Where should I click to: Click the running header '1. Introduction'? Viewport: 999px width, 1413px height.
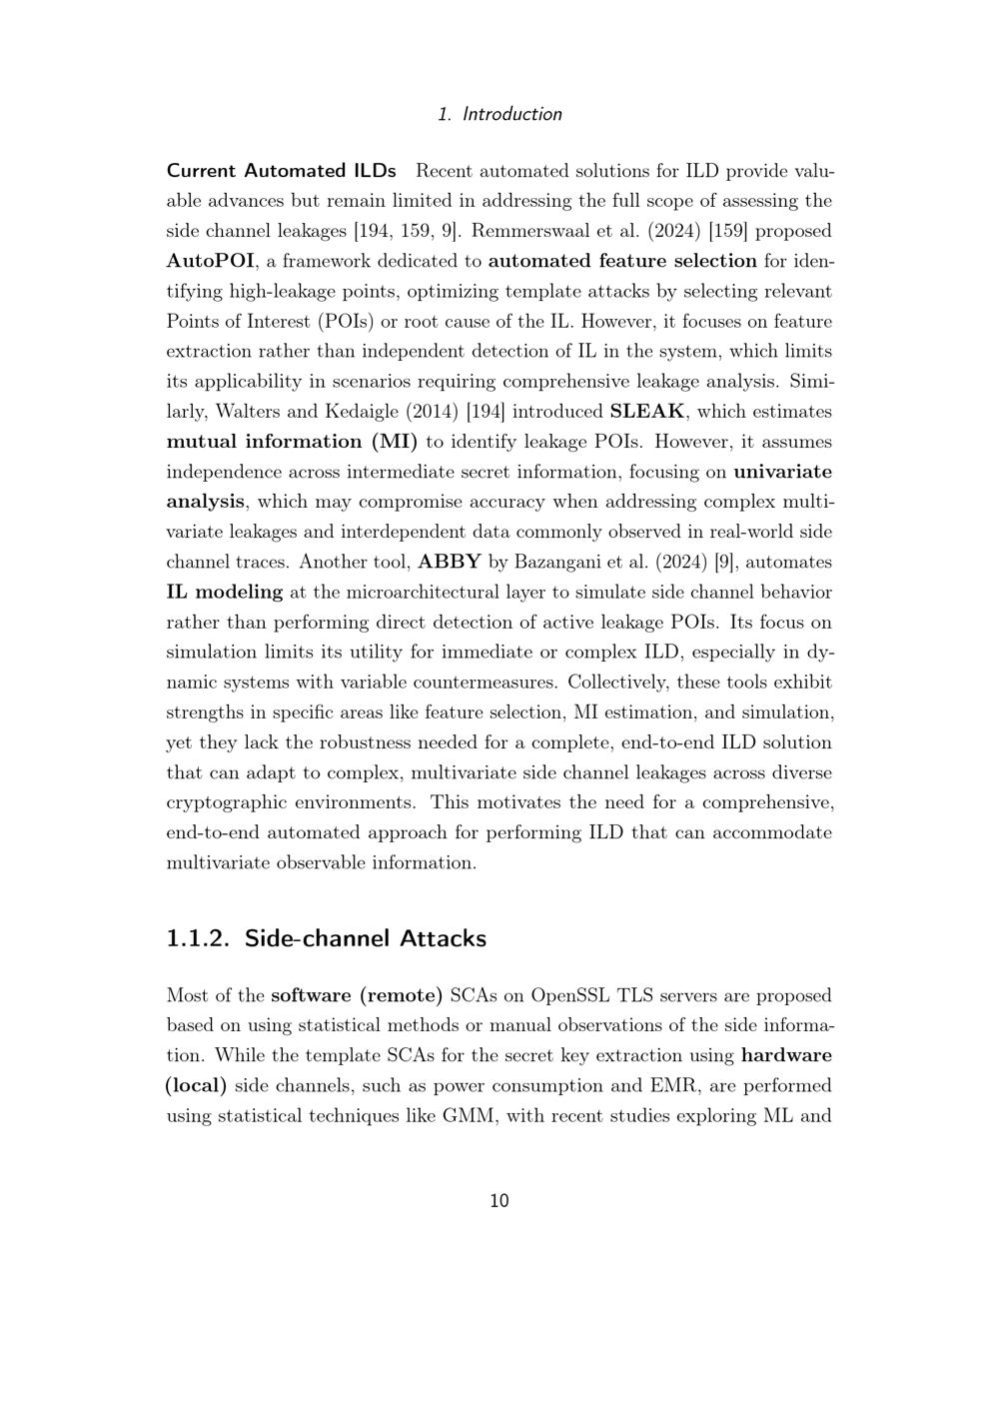(x=499, y=114)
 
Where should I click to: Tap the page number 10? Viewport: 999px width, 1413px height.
(x=499, y=1200)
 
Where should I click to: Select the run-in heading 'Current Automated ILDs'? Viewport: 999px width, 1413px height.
(x=281, y=171)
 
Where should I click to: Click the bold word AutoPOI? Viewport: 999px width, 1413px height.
(x=210, y=261)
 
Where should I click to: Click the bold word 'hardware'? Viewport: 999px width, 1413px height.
(x=786, y=1055)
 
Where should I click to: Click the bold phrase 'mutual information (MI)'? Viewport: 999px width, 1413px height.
(x=292, y=442)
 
